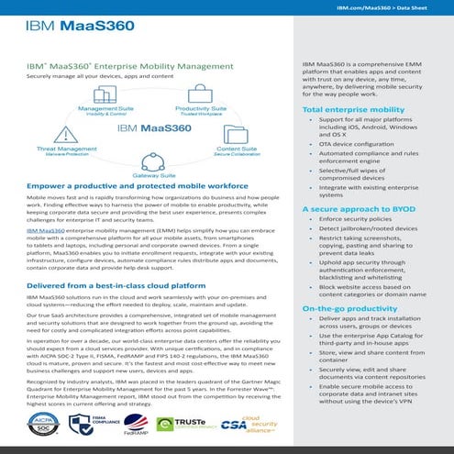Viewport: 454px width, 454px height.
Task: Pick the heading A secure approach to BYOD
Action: [349, 210]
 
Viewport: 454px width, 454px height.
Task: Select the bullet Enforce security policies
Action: [358, 220]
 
